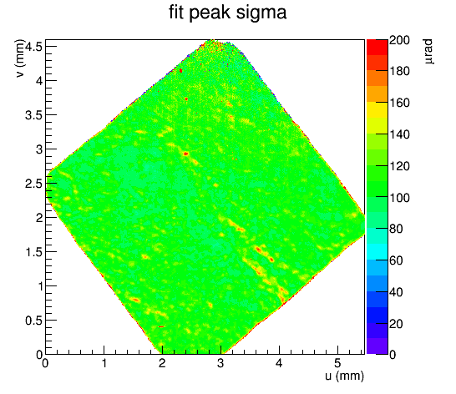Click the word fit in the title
pyautogui.click(x=176, y=13)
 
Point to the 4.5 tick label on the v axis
pyautogui.click(x=33, y=46)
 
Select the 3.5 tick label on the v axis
pyautogui.click(x=33, y=115)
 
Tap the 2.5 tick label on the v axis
pyautogui.click(x=33, y=184)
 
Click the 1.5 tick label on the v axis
pyautogui.click(x=33, y=252)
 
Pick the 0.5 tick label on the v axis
pyautogui.click(x=33, y=321)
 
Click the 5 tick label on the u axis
pyautogui.click(x=337, y=363)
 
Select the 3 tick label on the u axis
pyautogui.click(x=220, y=363)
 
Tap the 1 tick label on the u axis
pyautogui.click(x=104, y=363)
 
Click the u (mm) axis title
pyautogui.click(x=344, y=376)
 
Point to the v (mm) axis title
pyautogui.click(x=19, y=58)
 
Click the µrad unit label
pyautogui.click(x=428, y=52)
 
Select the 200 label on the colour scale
pyautogui.click(x=399, y=40)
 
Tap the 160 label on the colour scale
pyautogui.click(x=399, y=103)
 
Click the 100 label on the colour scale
pyautogui.click(x=399, y=198)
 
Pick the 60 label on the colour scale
pyautogui.click(x=396, y=260)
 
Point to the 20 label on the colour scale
pyautogui.click(x=396, y=323)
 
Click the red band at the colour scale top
pyautogui.click(x=377, y=47)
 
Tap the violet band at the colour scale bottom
pyautogui.click(x=377, y=346)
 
